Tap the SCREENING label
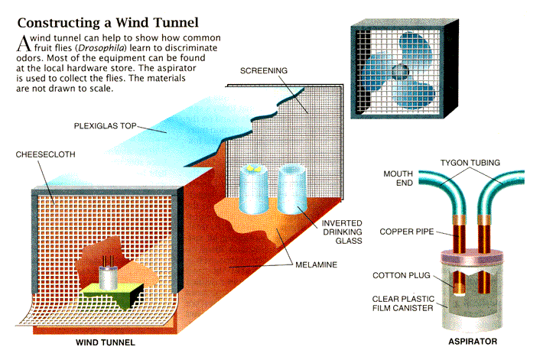pos(264,70)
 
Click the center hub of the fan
pos(399,72)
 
